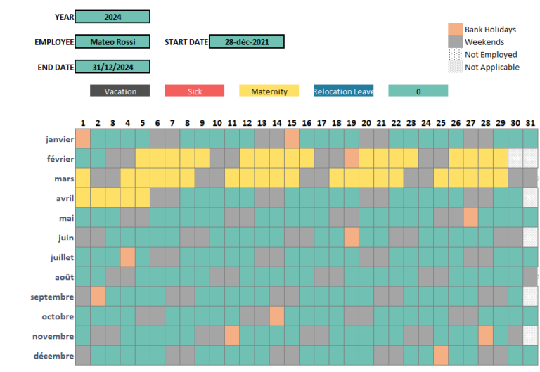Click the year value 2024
pyautogui.click(x=112, y=17)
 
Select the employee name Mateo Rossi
pyautogui.click(x=112, y=42)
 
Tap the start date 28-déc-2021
pyautogui.click(x=246, y=42)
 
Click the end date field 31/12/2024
pyautogui.click(x=112, y=68)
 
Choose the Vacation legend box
pyautogui.click(x=120, y=91)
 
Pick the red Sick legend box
pyautogui.click(x=194, y=91)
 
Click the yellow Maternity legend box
pyautogui.click(x=269, y=91)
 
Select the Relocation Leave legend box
pyautogui.click(x=343, y=91)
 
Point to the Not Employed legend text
pyautogui.click(x=491, y=55)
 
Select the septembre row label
pyautogui.click(x=52, y=297)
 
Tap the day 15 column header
pyautogui.click(x=292, y=122)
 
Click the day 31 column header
pyautogui.click(x=530, y=122)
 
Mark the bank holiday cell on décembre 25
pyautogui.click(x=441, y=356)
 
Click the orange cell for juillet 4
pyautogui.click(x=127, y=257)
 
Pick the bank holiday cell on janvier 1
pyautogui.click(x=83, y=139)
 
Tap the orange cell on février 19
pyautogui.click(x=352, y=159)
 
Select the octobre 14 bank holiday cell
pyautogui.click(x=277, y=316)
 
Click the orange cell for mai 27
pyautogui.click(x=470, y=218)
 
